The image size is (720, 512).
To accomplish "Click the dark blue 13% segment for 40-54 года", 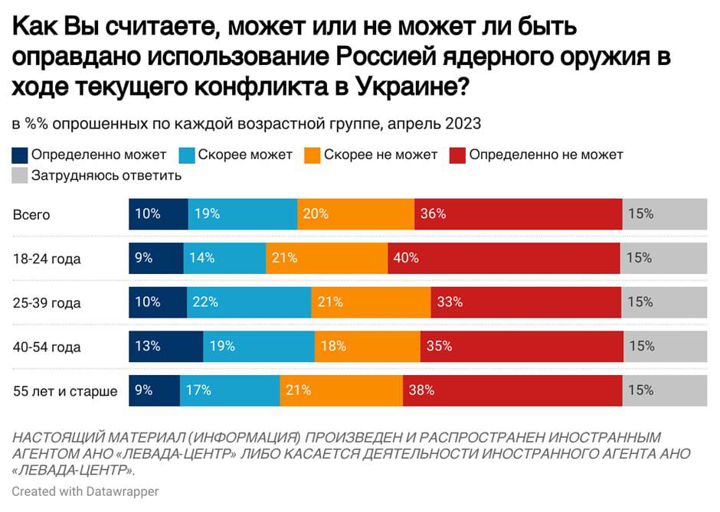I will (165, 347).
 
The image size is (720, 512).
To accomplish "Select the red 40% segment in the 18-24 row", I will (503, 258).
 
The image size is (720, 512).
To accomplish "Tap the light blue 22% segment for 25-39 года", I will (249, 302).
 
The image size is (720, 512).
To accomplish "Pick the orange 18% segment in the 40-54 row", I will (367, 347).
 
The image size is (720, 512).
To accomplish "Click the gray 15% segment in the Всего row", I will (665, 214).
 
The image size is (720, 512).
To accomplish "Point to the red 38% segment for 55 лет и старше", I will (512, 390).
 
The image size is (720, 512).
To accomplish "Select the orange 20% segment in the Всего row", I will (355, 214).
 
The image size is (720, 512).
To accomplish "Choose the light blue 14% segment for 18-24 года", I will (224, 258).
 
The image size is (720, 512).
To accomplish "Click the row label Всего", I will (31, 214).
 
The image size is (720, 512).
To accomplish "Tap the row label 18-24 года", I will (47, 259).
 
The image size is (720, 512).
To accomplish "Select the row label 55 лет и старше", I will (65, 391).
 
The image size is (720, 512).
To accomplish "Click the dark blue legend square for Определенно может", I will (20, 155).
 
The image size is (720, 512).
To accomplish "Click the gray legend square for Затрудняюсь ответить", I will (20, 175).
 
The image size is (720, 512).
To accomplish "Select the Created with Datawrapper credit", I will (85, 491).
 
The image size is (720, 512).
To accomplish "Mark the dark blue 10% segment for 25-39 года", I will (157, 302).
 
